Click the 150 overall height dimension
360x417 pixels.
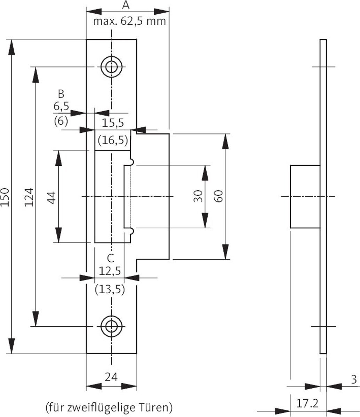coord(5,197)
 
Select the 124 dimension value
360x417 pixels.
coord(29,197)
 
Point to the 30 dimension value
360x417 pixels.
coord(198,196)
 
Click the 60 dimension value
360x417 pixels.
coord(218,196)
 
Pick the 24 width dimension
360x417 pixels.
coord(111,377)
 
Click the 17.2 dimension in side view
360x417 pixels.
coord(307,403)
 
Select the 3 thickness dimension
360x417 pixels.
coord(354,380)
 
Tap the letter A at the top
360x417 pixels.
coord(126,5)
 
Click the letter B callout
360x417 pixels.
coord(61,94)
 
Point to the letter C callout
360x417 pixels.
coord(111,258)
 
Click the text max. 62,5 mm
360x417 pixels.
coord(129,21)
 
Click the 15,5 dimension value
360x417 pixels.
coord(113,123)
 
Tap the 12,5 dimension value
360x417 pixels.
coord(110,271)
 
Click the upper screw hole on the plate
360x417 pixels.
coord(111,67)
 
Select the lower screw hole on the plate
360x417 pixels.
coord(111,326)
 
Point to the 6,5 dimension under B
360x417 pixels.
coord(61,106)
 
